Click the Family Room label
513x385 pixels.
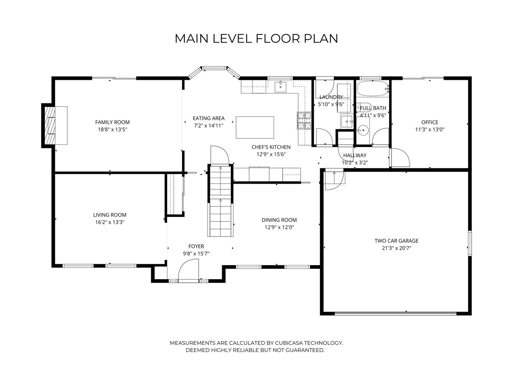[112, 122]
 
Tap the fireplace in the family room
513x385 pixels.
[55, 125]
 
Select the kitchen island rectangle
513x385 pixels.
[255, 128]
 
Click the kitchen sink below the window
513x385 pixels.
[280, 87]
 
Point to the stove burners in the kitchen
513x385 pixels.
[304, 120]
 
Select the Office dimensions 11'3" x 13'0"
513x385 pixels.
[430, 129]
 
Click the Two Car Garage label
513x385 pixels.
[396, 241]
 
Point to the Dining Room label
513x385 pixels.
[279, 220]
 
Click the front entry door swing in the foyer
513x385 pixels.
[188, 270]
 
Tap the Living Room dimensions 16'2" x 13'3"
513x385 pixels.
[109, 222]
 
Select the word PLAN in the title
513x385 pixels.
[321, 38]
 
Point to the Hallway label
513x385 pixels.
[355, 155]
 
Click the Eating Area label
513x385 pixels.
[208, 118]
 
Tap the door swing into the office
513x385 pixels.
[401, 158]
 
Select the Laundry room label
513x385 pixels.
[331, 97]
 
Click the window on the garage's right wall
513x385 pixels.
[470, 243]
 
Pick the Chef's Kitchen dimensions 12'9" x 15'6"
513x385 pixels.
[271, 154]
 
